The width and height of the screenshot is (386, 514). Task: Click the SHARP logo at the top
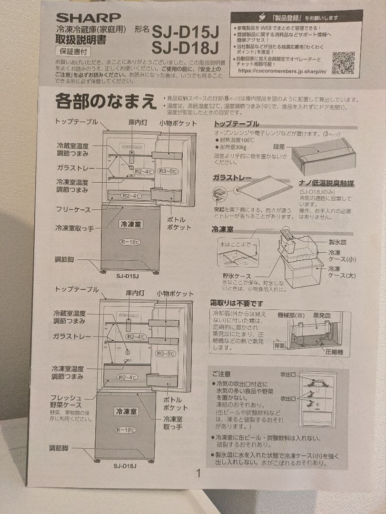88,18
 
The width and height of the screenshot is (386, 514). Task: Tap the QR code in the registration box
343,62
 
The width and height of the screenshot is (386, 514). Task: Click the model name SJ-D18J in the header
185,48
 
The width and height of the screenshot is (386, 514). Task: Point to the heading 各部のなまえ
106,101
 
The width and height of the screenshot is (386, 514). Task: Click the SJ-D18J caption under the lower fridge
125,465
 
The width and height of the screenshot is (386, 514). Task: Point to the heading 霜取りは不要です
237,303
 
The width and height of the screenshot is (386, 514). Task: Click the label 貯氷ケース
237,276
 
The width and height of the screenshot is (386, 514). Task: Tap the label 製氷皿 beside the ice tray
338,242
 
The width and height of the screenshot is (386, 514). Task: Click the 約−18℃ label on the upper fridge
129,242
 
